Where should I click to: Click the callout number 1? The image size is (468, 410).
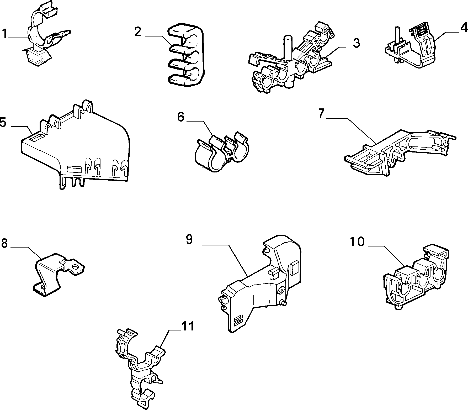click(x=4, y=34)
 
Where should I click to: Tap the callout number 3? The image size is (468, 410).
click(x=356, y=43)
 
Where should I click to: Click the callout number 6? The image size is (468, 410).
click(x=181, y=117)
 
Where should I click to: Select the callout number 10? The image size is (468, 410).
click(x=357, y=241)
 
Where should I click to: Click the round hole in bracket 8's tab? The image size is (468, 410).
click(x=76, y=268)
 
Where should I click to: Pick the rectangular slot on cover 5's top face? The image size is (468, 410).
click(x=36, y=138)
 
